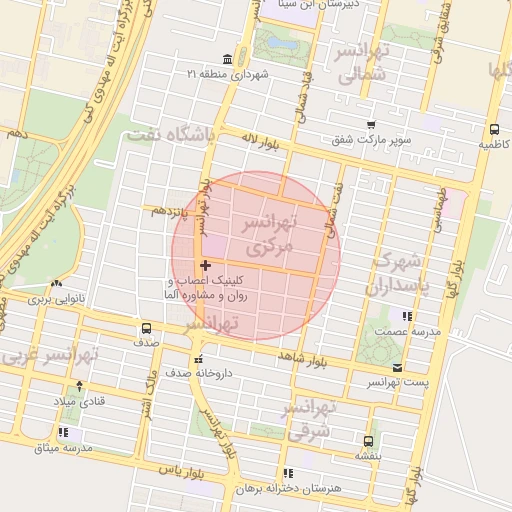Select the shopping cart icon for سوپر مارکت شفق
click(x=371, y=125)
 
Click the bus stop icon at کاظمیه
click(x=494, y=128)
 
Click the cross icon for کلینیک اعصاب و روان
click(x=205, y=265)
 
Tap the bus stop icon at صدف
click(x=147, y=328)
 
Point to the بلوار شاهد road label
click(x=307, y=358)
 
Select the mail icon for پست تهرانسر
click(x=398, y=368)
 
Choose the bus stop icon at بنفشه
click(x=369, y=440)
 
